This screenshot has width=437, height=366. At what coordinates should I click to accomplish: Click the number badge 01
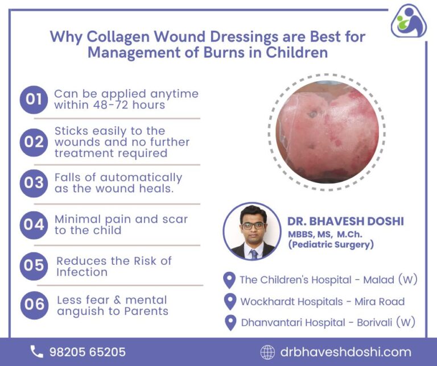34,100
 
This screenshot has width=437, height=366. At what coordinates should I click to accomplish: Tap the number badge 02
34,142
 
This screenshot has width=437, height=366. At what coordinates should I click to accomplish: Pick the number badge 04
34,225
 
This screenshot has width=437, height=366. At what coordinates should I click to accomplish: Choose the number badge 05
34,266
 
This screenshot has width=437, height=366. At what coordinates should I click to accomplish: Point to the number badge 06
34,305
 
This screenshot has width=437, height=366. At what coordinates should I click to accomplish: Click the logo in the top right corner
409,21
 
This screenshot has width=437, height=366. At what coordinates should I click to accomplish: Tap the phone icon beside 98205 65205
37,352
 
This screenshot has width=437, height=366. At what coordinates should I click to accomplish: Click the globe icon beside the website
267,352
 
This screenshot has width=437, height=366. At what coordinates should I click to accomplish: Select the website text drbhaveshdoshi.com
345,352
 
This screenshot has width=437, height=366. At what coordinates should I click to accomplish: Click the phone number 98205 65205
87,352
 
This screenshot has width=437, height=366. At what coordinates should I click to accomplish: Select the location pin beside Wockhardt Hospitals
230,301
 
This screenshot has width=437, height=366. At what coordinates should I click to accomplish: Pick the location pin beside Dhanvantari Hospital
230,322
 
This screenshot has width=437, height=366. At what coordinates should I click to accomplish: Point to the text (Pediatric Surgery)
330,245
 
